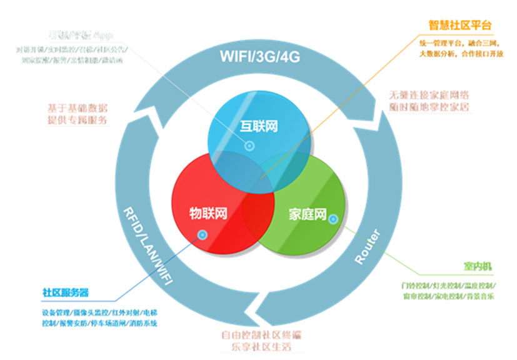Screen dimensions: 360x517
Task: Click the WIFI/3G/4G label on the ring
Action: (x=260, y=57)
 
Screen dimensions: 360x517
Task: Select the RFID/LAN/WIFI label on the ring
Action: (x=146, y=244)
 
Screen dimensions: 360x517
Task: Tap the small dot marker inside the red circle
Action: (x=202, y=235)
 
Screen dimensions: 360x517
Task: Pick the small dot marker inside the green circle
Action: (x=333, y=219)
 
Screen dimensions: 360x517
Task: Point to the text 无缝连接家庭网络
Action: (x=428, y=96)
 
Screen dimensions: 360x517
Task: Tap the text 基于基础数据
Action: (x=77, y=107)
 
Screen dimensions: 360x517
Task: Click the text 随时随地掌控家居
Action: (x=428, y=107)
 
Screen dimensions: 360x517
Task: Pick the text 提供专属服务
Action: (x=77, y=119)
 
